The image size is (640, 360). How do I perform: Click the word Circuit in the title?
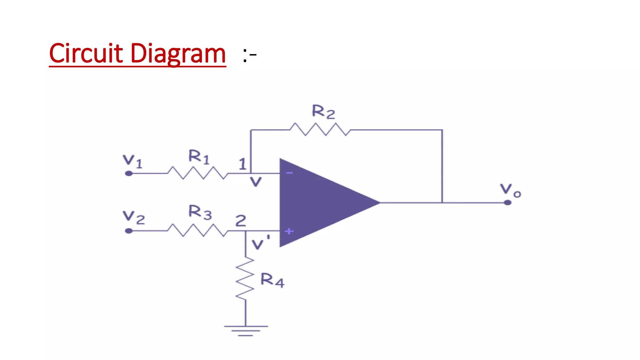pyautogui.click(x=86, y=53)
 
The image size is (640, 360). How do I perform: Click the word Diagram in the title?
pyautogui.click(x=178, y=53)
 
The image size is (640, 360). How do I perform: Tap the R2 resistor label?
pyautogui.click(x=323, y=112)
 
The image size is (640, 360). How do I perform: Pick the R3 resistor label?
pyautogui.click(x=200, y=212)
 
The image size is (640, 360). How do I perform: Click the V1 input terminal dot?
pyautogui.click(x=129, y=173)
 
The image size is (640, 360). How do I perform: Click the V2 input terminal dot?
pyautogui.click(x=129, y=231)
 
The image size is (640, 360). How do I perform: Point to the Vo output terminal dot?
pyautogui.click(x=507, y=202)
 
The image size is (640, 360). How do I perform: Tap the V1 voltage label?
pyautogui.click(x=132, y=161)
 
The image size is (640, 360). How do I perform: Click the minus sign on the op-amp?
pyautogui.click(x=289, y=173)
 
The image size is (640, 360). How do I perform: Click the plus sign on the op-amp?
pyautogui.click(x=289, y=231)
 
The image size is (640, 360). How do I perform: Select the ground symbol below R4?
pyautogui.click(x=246, y=330)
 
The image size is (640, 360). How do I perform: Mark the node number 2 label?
pyautogui.click(x=241, y=221)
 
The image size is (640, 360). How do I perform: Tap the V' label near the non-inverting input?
pyautogui.click(x=260, y=242)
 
